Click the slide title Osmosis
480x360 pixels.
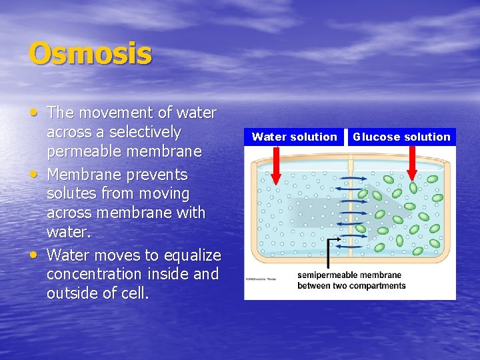(x=90, y=54)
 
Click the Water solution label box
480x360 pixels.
(x=294, y=137)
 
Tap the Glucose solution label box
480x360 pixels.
(x=401, y=137)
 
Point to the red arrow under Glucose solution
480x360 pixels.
(x=412, y=164)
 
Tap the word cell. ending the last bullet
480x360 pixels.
(x=135, y=293)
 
